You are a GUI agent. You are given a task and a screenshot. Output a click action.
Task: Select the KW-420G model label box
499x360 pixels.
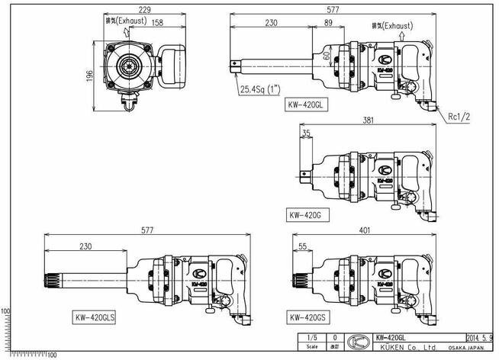coord(305,216)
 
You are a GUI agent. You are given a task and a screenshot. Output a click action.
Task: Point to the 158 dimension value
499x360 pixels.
coord(157,22)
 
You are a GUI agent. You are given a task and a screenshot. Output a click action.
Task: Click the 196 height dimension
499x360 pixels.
coord(90,75)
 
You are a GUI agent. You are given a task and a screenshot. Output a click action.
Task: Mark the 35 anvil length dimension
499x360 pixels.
coord(306,133)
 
